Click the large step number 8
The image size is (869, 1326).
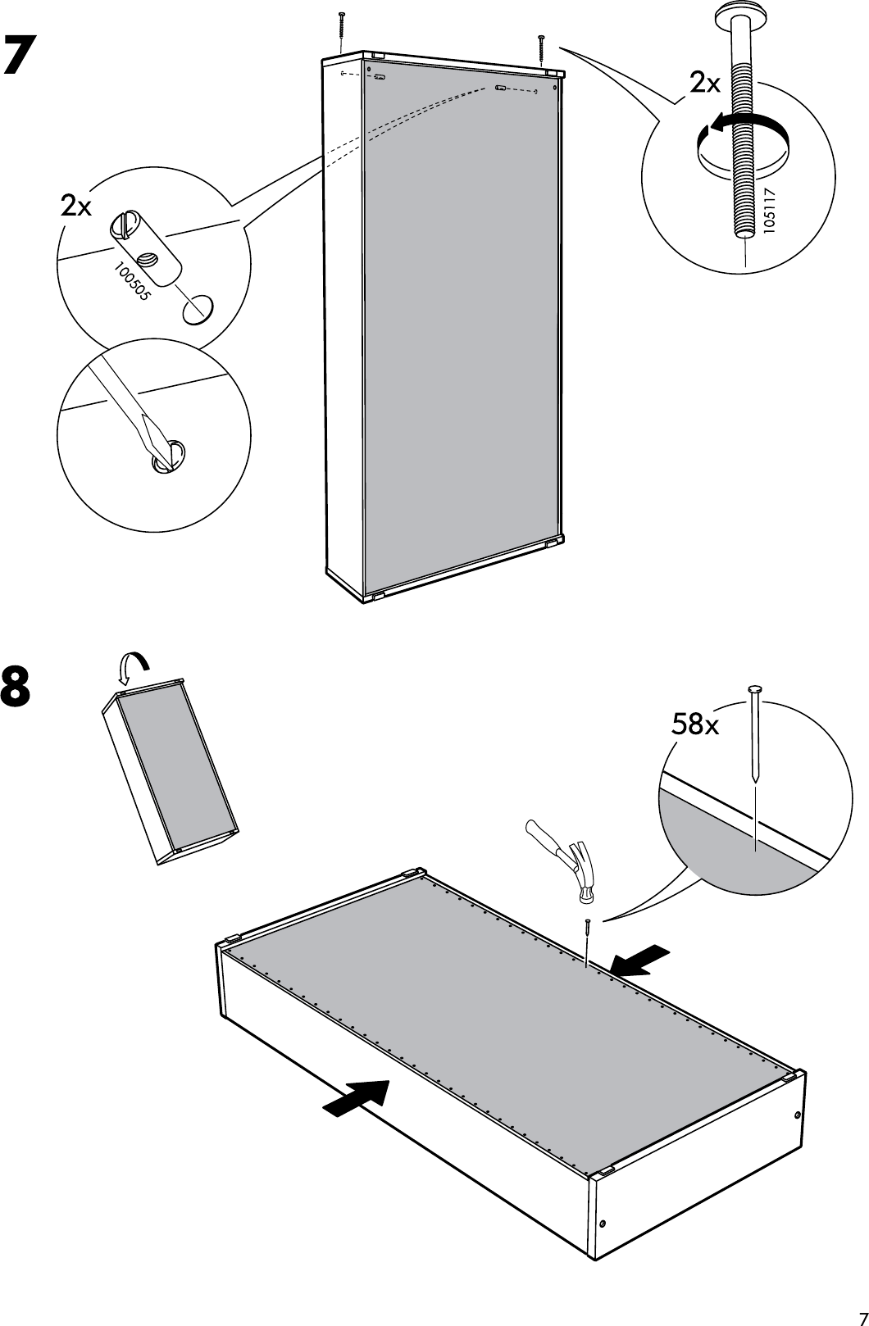coord(17,687)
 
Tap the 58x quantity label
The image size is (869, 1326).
coord(694,724)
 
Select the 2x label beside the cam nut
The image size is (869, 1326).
coord(77,207)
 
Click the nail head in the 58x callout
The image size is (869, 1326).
coord(754,691)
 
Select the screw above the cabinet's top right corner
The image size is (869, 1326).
coord(541,48)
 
